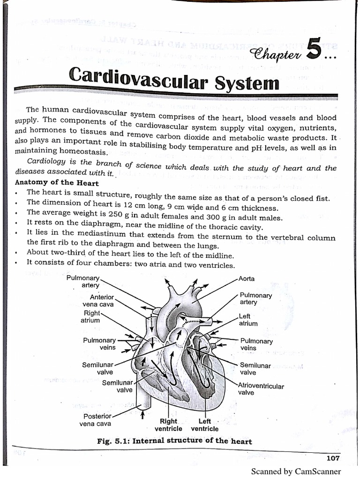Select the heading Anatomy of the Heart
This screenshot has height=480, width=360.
tap(57, 183)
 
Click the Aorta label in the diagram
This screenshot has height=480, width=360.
tap(247, 279)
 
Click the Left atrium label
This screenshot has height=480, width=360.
tap(248, 320)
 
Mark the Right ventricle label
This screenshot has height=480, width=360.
tap(168, 425)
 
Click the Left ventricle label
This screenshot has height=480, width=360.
tap(204, 425)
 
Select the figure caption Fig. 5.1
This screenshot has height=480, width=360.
tap(174, 441)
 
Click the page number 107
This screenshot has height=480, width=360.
tap(332, 458)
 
